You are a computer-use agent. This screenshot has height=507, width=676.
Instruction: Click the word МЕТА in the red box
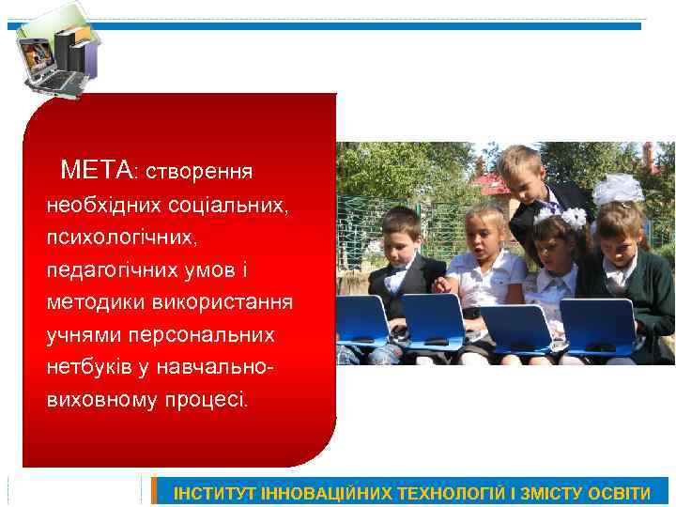point(97,170)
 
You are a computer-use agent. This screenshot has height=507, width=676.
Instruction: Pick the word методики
point(89,302)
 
